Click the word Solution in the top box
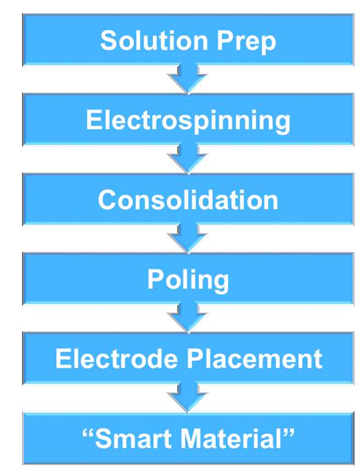154,40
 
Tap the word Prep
246,43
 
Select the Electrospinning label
188,122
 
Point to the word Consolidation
188,200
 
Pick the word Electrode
116,358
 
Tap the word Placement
254,358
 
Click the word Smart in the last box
133,438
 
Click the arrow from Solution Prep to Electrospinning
188,79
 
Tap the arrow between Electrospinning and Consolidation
188,159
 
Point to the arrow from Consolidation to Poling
188,238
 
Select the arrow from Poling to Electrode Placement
188,318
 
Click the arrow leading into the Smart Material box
188,397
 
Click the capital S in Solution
108,40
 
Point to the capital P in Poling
155,279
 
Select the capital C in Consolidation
108,200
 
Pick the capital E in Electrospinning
94,120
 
